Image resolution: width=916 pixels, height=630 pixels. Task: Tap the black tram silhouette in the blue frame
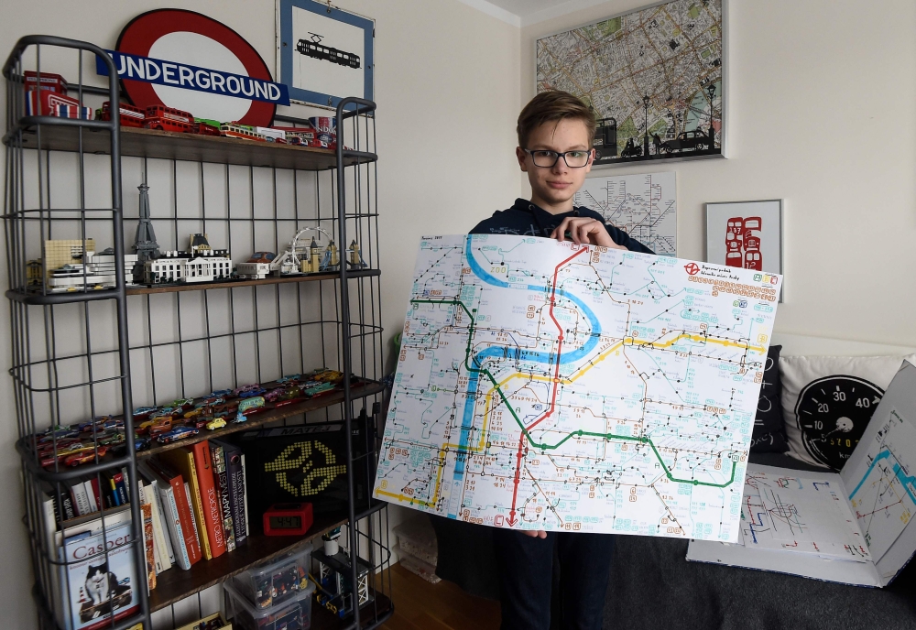point(328,54)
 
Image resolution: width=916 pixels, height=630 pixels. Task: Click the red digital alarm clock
point(288,518)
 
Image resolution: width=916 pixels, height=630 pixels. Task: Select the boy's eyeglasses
point(557,157)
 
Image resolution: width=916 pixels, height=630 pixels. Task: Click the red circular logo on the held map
point(692,268)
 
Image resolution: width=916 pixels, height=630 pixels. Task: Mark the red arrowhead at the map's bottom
point(514,520)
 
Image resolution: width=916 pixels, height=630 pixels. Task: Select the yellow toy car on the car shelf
point(215,423)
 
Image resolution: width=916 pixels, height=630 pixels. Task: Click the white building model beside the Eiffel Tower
point(188,266)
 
